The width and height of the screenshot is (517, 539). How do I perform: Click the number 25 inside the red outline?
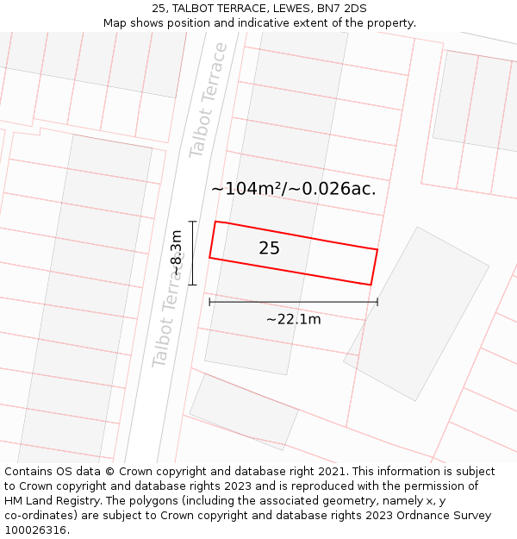tap(269, 248)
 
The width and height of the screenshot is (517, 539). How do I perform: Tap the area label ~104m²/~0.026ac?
tap(293, 189)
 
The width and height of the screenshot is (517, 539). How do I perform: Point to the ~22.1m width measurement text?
tap(293, 319)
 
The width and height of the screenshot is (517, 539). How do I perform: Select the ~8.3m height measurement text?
tap(177, 253)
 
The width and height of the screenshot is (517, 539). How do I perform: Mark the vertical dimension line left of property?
tap(192, 253)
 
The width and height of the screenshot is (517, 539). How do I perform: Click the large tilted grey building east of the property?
tap(417, 313)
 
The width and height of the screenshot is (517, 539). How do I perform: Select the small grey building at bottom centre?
tap(243, 411)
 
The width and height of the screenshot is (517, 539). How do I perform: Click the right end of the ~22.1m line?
tap(377, 302)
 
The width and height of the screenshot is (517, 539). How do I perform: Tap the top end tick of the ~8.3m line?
tap(192, 222)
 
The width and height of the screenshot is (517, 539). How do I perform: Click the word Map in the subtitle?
tap(115, 22)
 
